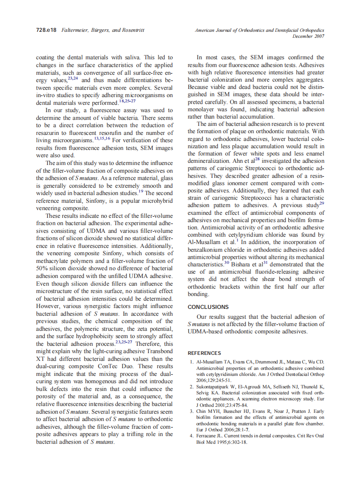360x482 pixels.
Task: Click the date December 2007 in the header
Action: tap(308, 37)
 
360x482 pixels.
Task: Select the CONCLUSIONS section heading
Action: tap(208, 307)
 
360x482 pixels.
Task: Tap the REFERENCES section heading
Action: tap(204, 353)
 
